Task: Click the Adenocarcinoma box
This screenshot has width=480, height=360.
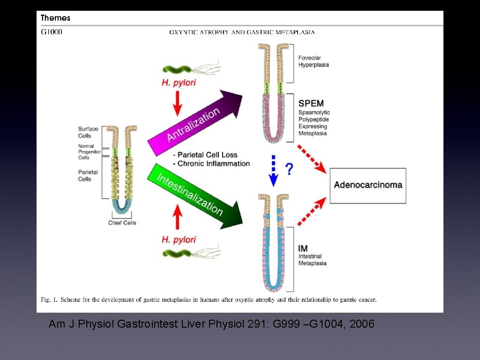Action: (x=368, y=185)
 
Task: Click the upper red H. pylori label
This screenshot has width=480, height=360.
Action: (x=179, y=83)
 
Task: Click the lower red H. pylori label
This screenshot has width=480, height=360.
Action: (x=179, y=240)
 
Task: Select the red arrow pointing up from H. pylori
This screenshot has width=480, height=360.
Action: (x=177, y=218)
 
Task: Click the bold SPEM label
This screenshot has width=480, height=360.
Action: (x=311, y=103)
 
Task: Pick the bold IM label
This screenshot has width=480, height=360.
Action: (x=303, y=248)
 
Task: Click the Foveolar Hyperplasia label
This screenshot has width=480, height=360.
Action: (x=314, y=61)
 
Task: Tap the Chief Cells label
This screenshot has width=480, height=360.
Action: (x=122, y=223)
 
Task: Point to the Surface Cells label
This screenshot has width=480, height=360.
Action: (x=88, y=132)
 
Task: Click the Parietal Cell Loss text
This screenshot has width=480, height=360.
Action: (x=205, y=155)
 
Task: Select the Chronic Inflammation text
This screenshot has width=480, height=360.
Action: (x=211, y=164)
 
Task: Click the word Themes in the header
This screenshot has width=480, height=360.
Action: (x=55, y=18)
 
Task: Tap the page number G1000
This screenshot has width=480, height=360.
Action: (x=52, y=32)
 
